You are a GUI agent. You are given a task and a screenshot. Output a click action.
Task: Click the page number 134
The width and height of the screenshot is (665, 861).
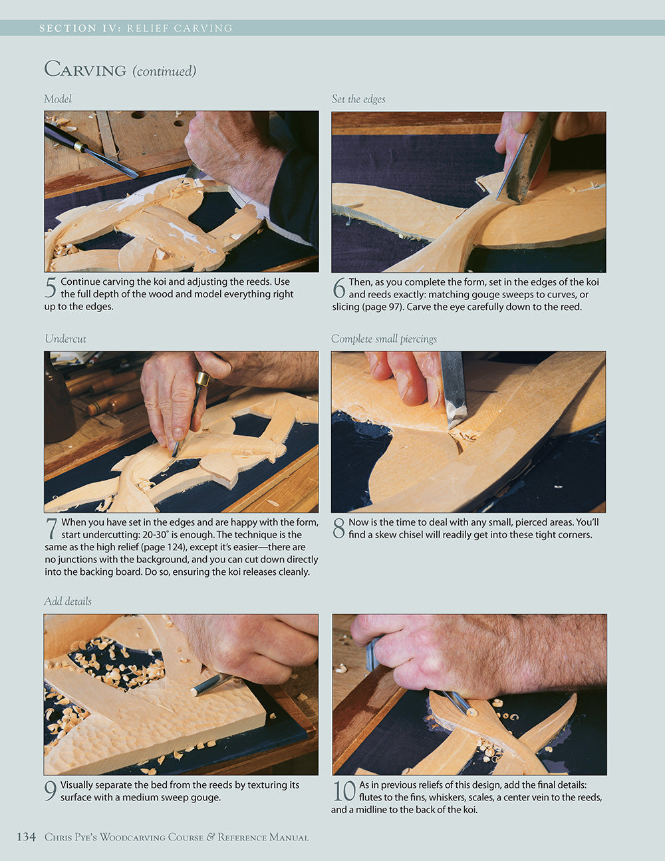pos(26,837)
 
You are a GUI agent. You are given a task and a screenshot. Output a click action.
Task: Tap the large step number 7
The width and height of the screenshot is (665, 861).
pos(51,529)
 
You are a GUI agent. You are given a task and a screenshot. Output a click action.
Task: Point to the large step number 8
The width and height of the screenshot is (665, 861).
pos(339,529)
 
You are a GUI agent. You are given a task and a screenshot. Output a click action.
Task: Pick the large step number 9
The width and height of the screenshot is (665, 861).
pos(51,791)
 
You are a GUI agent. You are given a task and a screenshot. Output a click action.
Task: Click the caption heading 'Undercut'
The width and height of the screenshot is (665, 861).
pos(65,339)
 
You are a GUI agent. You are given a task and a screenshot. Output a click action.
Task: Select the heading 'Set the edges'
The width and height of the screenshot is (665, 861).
pos(358,99)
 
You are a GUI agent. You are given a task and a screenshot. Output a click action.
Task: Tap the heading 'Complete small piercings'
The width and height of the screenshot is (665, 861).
pos(384,339)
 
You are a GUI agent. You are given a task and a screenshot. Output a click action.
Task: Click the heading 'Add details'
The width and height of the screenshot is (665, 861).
pos(67,601)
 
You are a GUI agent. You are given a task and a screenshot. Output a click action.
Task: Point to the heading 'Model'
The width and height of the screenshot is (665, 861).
pos(57,99)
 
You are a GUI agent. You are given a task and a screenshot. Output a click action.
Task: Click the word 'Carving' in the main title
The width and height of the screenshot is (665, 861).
pos(85,69)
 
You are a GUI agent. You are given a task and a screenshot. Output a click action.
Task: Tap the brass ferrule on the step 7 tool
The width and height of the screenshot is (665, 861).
pos(202,379)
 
